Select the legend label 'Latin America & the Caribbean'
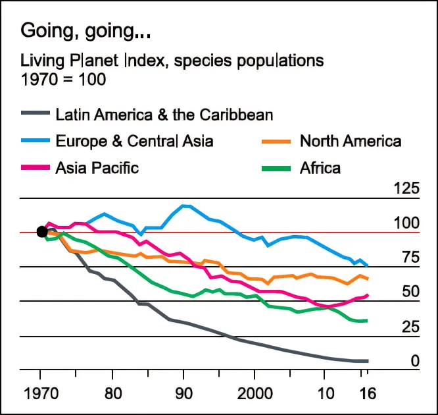coord(164,115)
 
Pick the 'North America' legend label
coord(350,141)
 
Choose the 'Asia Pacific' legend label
coord(97,167)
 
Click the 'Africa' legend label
coord(320,167)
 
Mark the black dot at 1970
coord(42,231)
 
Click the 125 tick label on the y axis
coord(406,189)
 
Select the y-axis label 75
coord(410,258)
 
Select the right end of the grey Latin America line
coord(368,361)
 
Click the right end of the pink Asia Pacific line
coord(368,295)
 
